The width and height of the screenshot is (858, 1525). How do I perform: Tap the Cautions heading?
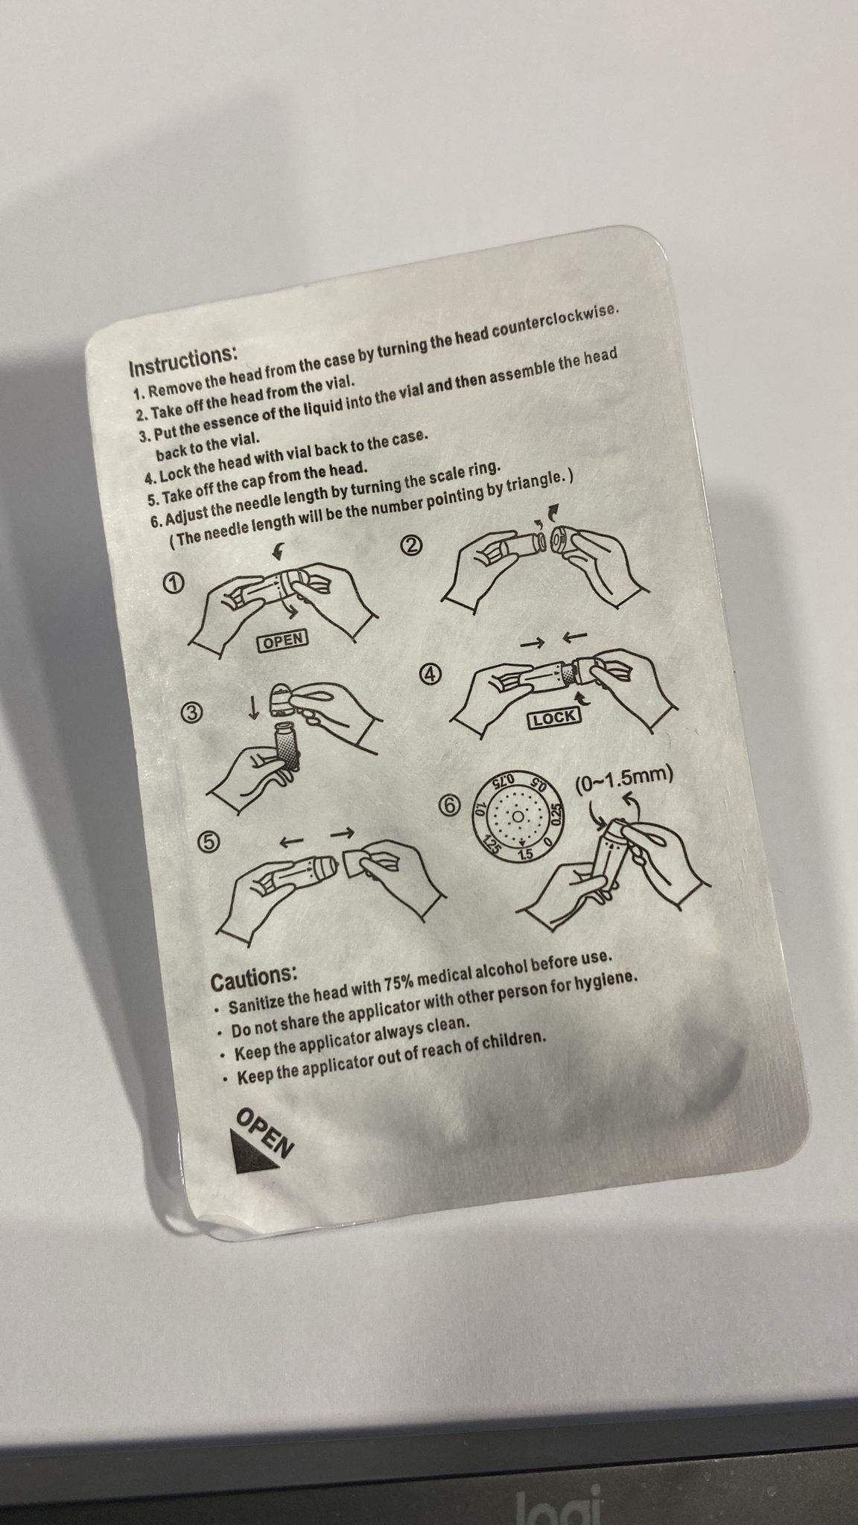(x=254, y=975)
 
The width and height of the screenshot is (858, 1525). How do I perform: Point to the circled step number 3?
(x=191, y=712)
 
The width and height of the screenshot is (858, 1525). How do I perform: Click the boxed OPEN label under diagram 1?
(x=283, y=640)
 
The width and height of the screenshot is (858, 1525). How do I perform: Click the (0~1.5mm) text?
(x=624, y=780)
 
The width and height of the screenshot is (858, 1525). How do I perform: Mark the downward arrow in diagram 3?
(x=255, y=706)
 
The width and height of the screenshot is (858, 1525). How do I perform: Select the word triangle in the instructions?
(x=529, y=484)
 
